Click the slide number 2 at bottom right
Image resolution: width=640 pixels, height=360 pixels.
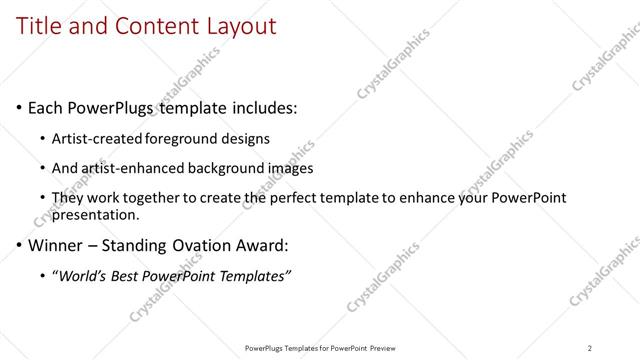coord(590,347)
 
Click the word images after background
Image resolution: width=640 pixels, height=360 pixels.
coord(293,168)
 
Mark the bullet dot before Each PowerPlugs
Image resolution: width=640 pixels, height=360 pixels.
coord(20,107)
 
